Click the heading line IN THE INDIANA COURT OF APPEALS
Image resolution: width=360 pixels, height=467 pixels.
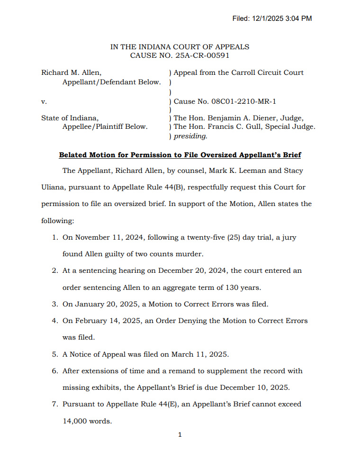(x=180, y=47)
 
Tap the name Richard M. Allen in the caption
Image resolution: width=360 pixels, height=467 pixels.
(x=71, y=72)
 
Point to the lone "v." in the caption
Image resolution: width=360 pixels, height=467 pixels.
(x=44, y=101)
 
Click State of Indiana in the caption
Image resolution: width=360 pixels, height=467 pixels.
(x=70, y=118)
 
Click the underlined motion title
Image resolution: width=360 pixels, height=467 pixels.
(x=180, y=155)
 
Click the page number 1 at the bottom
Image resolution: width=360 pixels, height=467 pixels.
(x=180, y=435)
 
